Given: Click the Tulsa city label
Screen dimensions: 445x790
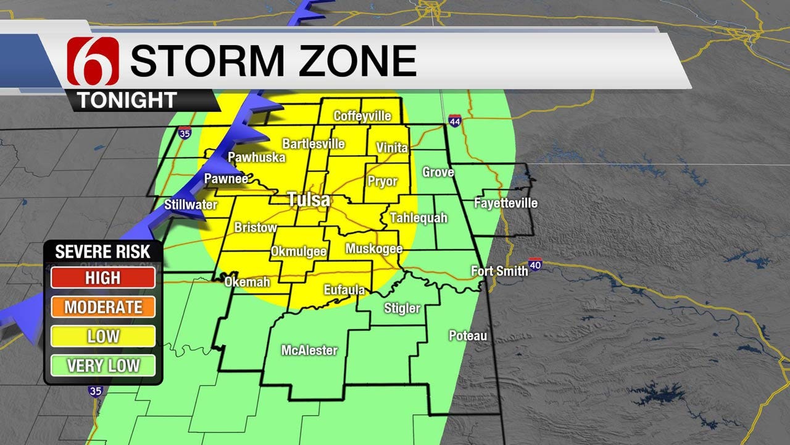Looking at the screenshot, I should (309, 200).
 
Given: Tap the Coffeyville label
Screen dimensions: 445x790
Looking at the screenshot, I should (362, 116).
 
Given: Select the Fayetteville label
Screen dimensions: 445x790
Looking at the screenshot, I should (505, 203).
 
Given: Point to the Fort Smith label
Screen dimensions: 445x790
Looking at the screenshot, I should (499, 271).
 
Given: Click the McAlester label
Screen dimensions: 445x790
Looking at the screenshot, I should (309, 350).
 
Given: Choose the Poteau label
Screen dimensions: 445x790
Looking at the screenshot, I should (468, 336).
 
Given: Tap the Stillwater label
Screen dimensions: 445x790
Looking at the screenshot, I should (191, 204).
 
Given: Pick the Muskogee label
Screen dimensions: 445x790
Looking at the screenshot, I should (374, 248).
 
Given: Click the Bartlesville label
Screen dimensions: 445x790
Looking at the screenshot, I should (314, 144).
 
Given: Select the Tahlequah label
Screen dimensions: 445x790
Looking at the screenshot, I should (418, 218).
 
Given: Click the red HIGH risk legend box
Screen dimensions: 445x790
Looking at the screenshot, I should (103, 278).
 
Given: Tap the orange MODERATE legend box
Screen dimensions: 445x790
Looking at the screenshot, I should (103, 307).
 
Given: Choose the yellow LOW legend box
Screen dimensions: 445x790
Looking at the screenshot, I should (103, 337).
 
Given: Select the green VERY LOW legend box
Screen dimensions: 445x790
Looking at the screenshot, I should (103, 366).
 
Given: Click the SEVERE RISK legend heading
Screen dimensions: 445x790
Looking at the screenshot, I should (102, 252).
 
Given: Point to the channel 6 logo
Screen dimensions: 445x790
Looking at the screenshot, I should (93, 61).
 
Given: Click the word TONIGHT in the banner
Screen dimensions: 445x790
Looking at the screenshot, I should (127, 100).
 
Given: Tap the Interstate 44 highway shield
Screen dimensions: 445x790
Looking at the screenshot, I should (455, 121).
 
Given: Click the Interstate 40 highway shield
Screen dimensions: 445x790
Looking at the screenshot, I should (534, 265).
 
